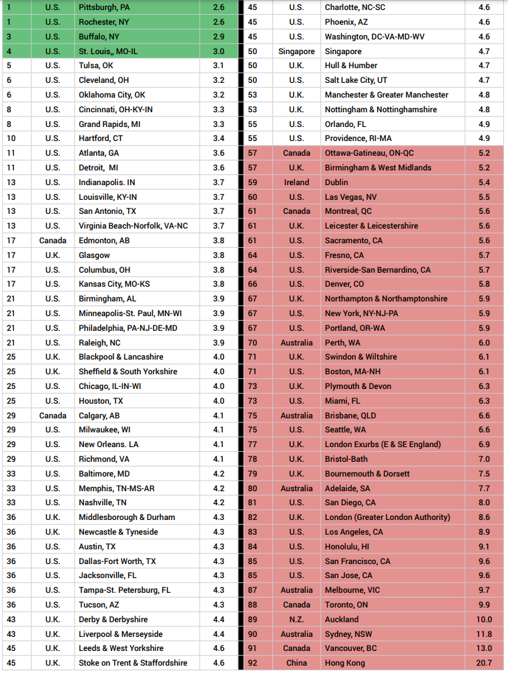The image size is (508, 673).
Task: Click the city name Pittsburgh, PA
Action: tap(104, 7)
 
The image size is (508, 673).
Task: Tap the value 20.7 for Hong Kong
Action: tap(484, 663)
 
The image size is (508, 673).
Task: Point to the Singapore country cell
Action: tap(296, 51)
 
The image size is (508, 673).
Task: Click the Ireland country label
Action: tap(296, 182)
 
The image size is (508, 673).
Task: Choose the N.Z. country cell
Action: tap(296, 620)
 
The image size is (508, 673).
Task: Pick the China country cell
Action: tap(296, 663)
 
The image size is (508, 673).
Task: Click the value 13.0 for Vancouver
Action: tap(484, 648)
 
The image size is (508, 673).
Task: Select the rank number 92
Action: tap(252, 663)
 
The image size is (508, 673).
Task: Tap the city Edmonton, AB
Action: tap(104, 241)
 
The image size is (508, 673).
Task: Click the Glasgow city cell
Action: tap(94, 255)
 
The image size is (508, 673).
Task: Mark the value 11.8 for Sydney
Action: tap(484, 634)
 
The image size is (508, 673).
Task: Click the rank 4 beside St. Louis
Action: tap(9, 51)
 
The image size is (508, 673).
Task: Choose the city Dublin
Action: tap(336, 182)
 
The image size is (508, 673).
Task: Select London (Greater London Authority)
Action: tap(387, 517)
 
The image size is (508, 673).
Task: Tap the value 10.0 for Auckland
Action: tap(484, 620)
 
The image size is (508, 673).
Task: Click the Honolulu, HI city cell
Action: tap(347, 547)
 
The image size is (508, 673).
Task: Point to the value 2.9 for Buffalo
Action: tap(219, 37)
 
